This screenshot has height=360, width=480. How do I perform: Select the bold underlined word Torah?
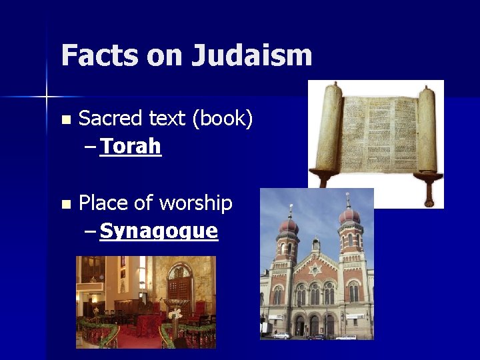pos(131,146)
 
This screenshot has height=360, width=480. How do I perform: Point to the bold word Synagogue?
pos(159,231)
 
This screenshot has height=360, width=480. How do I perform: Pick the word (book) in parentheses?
pos(223,119)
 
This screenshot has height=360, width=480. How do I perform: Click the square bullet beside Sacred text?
pos(65,120)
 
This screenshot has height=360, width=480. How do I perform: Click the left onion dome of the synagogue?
pos(288,224)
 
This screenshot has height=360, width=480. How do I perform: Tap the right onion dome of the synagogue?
pos(349,217)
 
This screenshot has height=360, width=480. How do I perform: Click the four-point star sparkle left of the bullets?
pos(47,97)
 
